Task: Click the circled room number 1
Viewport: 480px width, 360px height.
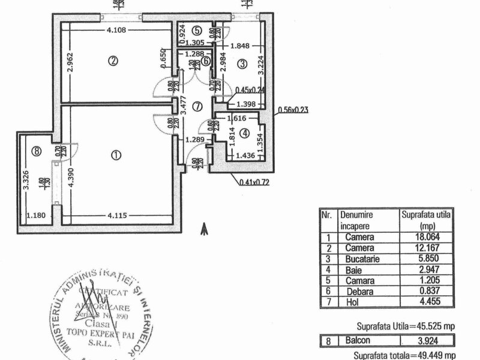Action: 116,155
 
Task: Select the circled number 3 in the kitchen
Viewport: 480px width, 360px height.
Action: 241,63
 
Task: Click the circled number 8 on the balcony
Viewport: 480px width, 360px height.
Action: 37,152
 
